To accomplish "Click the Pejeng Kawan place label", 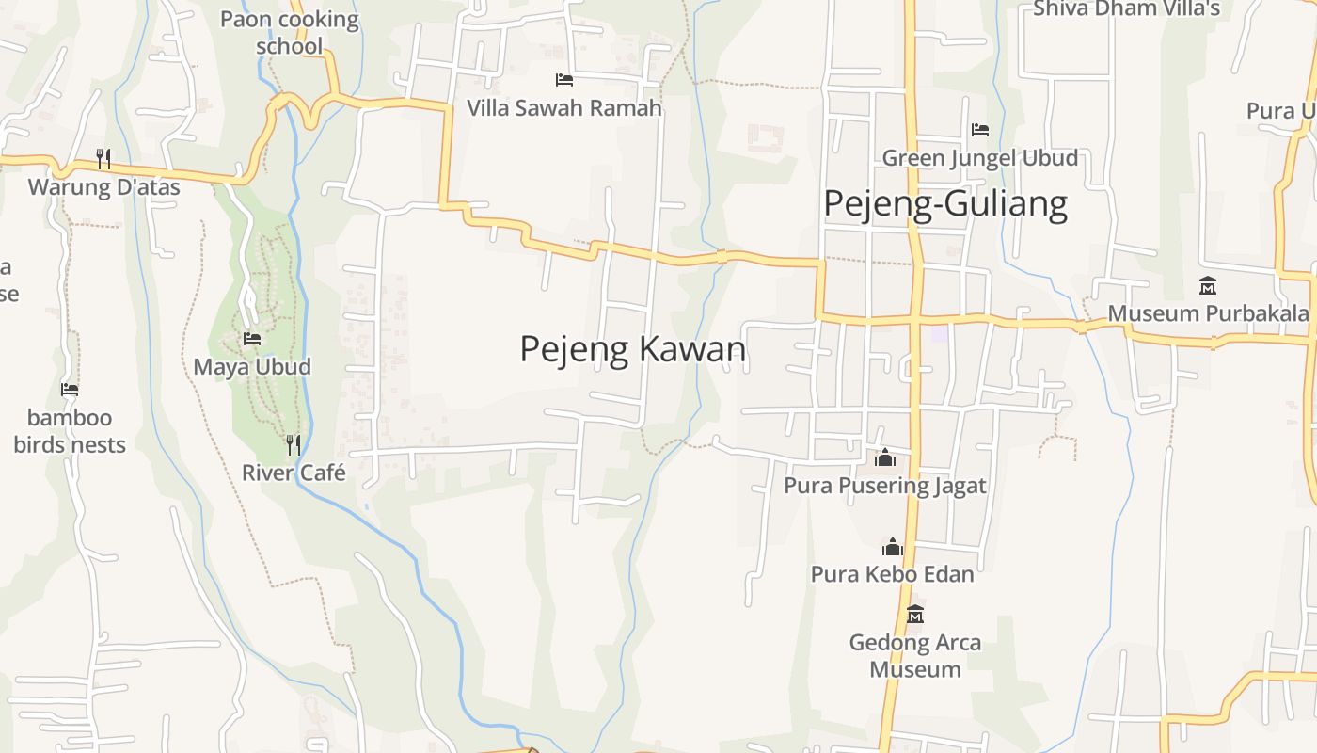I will (632, 349).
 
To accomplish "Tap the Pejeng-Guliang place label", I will (945, 204).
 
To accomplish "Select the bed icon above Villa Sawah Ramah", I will (564, 80).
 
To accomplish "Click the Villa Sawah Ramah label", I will (564, 108).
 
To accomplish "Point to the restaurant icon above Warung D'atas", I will (103, 159).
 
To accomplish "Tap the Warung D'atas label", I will (103, 186).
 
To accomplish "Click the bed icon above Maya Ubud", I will (252, 339).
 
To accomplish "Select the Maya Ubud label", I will (252, 366).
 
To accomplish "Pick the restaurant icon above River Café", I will (294, 444).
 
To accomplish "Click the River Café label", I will (294, 473).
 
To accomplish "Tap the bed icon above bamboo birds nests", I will (70, 390).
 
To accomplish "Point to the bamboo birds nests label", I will (70, 431).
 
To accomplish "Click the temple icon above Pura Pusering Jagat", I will (885, 458).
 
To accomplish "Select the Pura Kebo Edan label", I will (893, 573).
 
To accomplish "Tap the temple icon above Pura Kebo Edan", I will (893, 547).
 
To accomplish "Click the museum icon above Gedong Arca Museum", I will (915, 615).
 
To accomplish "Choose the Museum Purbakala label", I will (1208, 313).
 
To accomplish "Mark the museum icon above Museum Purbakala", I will (1208, 285).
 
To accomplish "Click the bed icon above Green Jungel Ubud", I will (980, 130).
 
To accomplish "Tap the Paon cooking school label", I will (290, 32).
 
